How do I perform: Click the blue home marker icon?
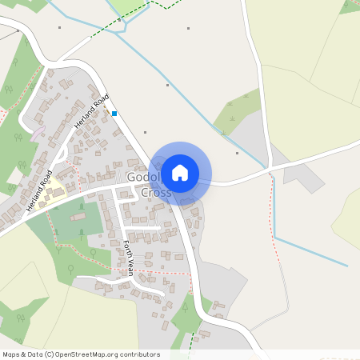pos(180,172)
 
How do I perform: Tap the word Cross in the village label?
pos(156,193)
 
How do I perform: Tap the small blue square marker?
pos(114,114)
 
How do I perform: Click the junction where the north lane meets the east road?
pos(270,167)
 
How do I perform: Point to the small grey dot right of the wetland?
pos(238,152)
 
